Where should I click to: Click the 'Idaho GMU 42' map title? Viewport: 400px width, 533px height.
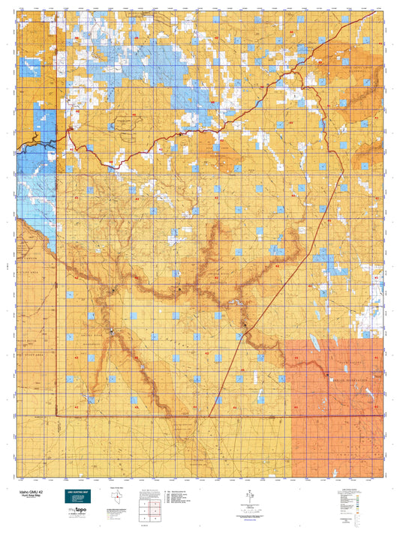click(x=26, y=490)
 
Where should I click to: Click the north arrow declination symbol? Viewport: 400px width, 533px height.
click(x=250, y=496)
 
